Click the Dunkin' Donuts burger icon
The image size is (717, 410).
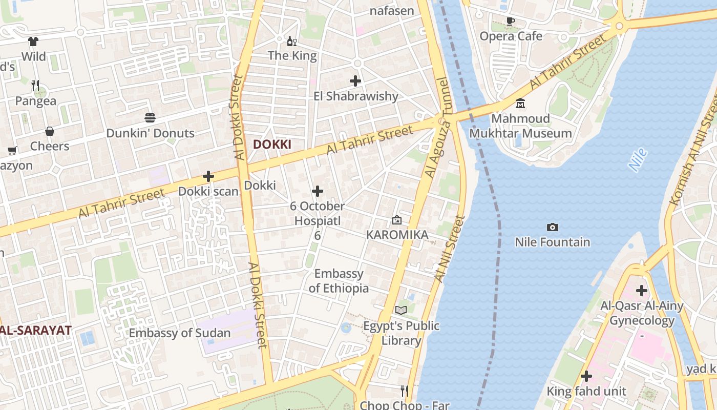point(150,118)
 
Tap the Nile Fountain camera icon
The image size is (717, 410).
point(552,227)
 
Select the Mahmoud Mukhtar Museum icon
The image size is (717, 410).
point(520,104)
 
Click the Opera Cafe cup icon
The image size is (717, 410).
point(510,21)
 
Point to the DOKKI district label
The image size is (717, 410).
point(272,145)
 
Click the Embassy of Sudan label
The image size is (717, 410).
point(179,333)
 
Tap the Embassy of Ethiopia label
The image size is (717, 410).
point(339,281)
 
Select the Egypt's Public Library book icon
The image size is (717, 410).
point(401,310)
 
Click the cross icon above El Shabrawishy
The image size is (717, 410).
point(355,80)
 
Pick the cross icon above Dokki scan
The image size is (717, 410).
point(208,176)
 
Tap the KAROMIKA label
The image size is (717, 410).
point(397,235)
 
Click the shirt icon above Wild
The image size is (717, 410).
point(33,42)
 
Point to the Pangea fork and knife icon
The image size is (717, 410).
point(35,85)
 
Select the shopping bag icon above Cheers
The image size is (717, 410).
point(50,131)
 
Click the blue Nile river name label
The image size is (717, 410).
point(638,159)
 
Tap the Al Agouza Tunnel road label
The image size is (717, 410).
point(437,128)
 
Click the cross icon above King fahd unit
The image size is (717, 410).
point(586,377)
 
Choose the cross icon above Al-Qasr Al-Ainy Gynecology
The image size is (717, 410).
point(641,291)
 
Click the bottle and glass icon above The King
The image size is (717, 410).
point(292,41)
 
